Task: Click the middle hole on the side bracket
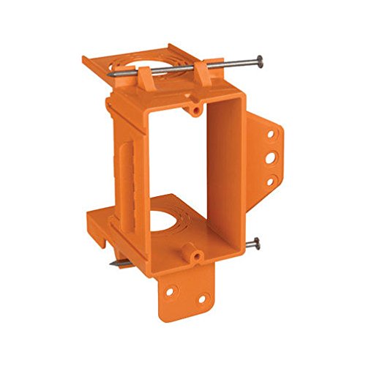pos(272,157)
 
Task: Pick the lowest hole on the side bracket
pos(269,180)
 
